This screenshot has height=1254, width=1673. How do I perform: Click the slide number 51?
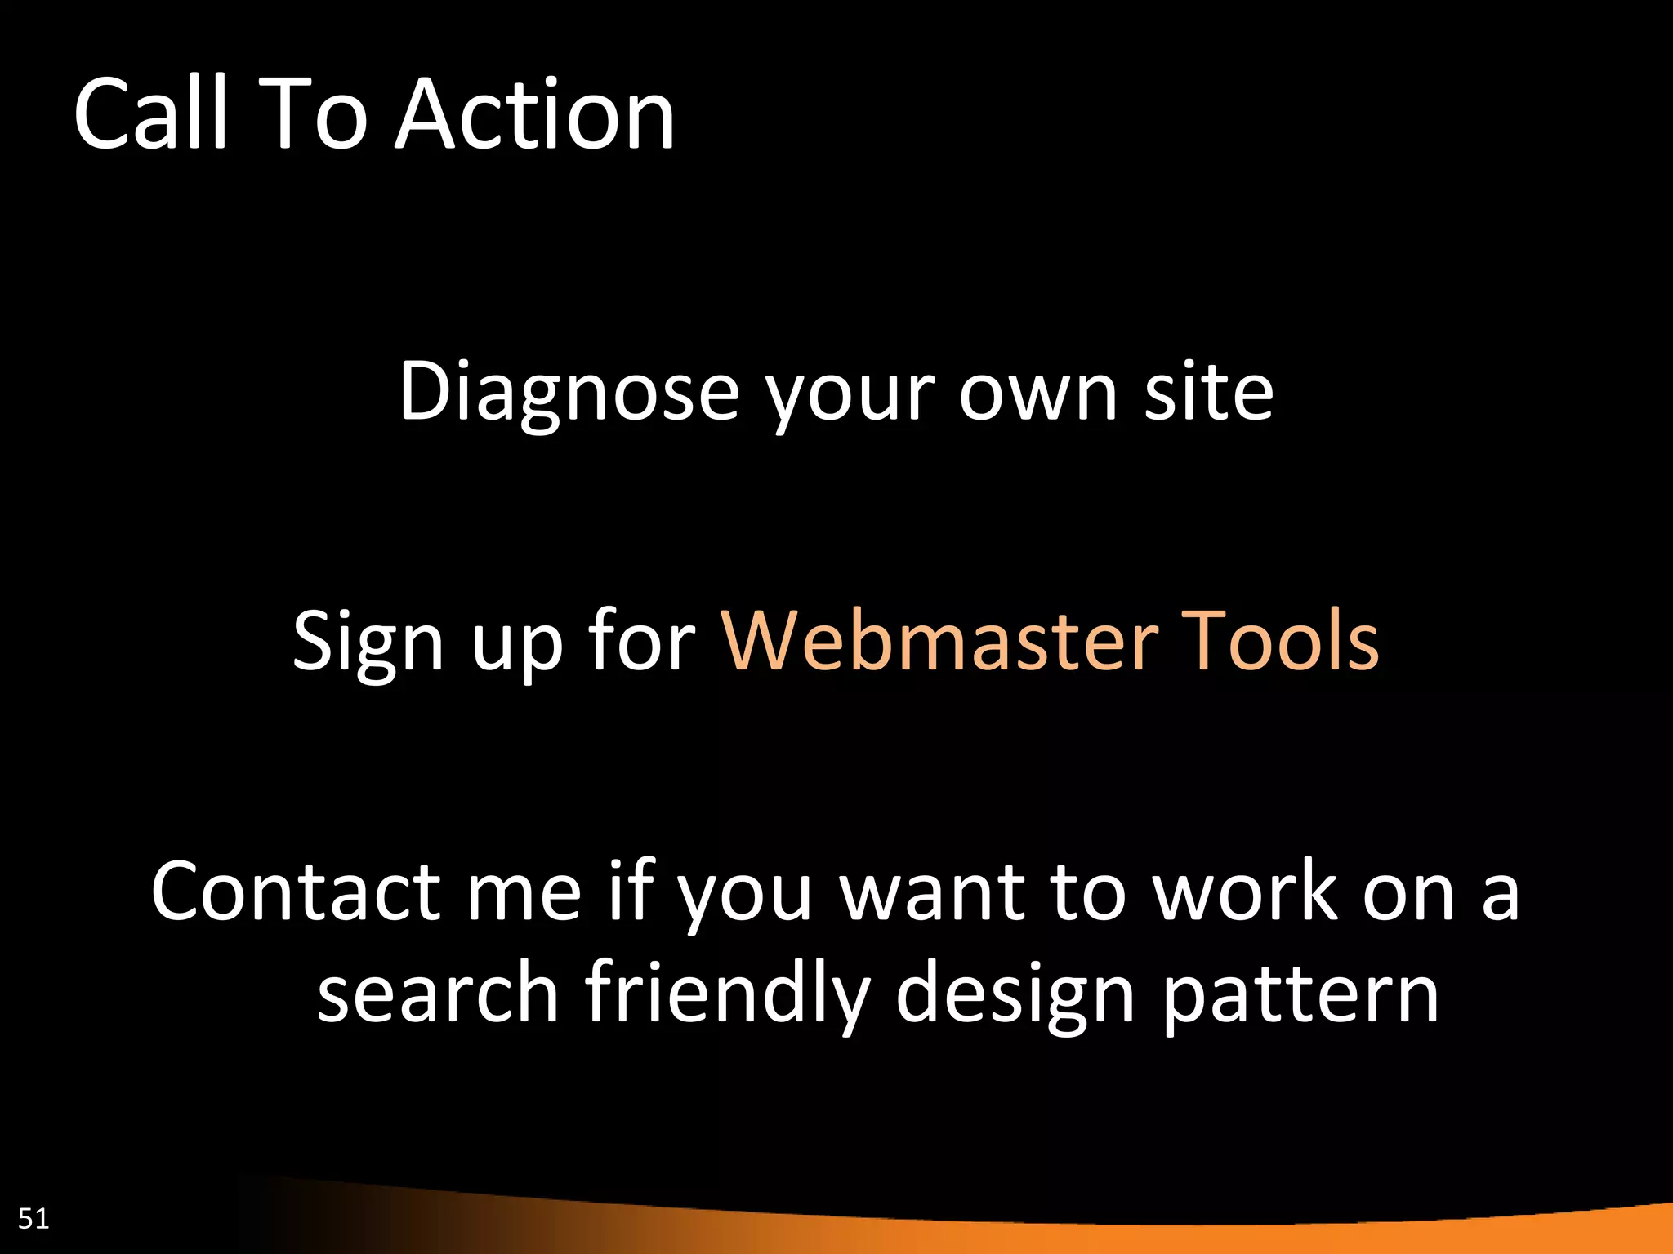click(33, 1218)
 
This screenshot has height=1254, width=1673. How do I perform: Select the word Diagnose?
click(569, 394)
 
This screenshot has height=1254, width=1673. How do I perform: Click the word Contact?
click(295, 892)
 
